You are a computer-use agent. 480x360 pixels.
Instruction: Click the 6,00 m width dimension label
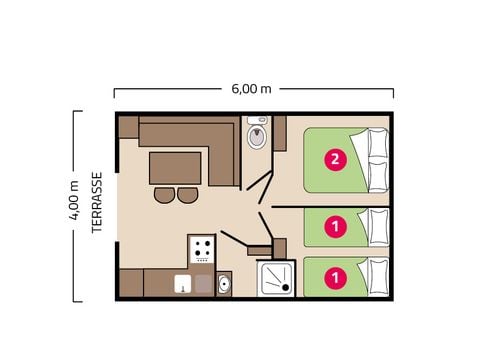(252, 88)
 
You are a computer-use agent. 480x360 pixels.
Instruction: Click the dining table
(175, 167)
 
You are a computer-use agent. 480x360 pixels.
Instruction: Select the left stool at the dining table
(165, 195)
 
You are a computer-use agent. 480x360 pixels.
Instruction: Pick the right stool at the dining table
(187, 195)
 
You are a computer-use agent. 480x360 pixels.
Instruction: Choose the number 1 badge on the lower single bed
(337, 276)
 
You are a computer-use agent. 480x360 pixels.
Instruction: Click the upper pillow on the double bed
(378, 144)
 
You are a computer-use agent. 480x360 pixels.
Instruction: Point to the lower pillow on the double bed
(378, 175)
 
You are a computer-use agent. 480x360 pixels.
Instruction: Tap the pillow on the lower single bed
(378, 276)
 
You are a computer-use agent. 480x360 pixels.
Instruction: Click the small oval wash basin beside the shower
(224, 285)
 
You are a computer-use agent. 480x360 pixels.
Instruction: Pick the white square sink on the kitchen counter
(182, 284)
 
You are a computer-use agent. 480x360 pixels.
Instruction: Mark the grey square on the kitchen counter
(203, 284)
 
